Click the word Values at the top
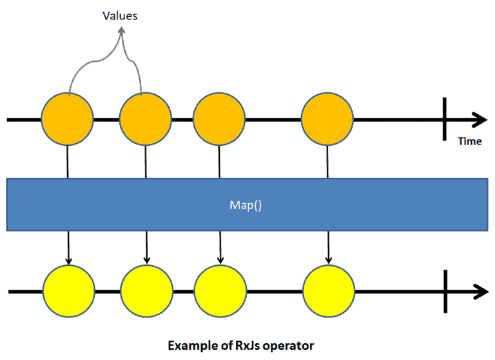[121, 15]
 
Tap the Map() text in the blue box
[247, 205]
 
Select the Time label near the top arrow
[470, 141]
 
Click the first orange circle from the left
[67, 119]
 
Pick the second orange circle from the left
[146, 119]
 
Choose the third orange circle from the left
[219, 119]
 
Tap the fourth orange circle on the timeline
[327, 119]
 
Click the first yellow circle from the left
[68, 291]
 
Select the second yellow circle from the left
[146, 291]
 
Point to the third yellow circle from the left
[220, 291]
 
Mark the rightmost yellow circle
[329, 291]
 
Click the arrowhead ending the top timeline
[480, 120]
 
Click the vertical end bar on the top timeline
[445, 120]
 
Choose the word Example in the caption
[191, 345]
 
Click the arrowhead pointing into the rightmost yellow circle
[329, 260]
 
